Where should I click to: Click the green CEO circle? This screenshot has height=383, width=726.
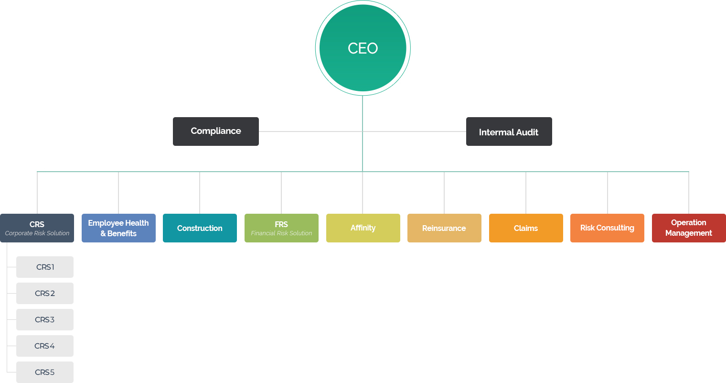[363, 48]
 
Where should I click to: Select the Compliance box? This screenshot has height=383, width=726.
[216, 131]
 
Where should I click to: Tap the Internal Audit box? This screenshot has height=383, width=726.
[509, 131]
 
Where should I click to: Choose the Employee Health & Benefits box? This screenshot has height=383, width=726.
[118, 228]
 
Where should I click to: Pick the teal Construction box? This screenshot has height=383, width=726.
[200, 228]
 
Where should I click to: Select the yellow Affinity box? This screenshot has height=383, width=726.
[363, 228]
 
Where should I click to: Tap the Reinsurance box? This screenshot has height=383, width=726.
[444, 228]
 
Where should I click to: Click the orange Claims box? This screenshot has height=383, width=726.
[526, 228]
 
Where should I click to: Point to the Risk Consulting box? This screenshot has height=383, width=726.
[607, 228]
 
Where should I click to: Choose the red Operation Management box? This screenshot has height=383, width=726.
[689, 228]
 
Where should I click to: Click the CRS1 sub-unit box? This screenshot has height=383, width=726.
[45, 267]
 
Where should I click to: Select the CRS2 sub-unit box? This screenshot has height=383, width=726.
[45, 293]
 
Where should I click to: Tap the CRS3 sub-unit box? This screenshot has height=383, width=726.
[45, 319]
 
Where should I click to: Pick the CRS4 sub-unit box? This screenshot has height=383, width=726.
[45, 346]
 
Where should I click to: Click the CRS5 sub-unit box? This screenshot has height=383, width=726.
[45, 372]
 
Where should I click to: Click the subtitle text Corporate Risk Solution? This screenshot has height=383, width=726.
[37, 233]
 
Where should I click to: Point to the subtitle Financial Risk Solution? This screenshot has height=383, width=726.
[281, 233]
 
